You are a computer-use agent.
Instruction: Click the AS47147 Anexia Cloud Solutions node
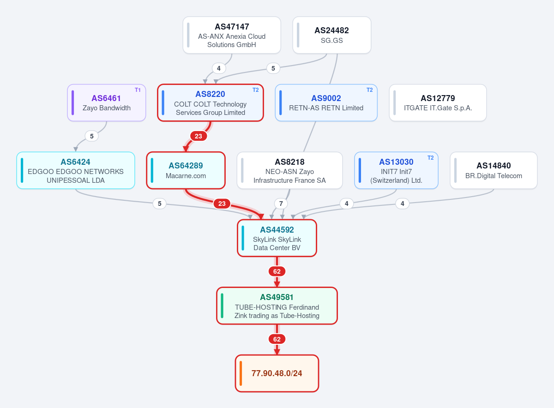point(232,35)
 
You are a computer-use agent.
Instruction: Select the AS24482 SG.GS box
point(331,35)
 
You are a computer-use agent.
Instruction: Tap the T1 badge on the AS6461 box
point(138,90)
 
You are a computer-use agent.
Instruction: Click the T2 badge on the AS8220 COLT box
point(255,90)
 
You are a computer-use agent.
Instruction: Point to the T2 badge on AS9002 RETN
point(369,90)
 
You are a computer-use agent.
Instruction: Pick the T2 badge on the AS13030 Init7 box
point(431,158)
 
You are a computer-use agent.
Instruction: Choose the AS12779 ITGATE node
point(438,103)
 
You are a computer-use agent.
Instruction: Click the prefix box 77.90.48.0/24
point(277,373)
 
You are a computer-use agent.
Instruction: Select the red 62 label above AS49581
point(277,271)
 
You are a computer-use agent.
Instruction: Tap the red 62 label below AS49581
point(277,339)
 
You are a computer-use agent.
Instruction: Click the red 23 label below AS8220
point(199,136)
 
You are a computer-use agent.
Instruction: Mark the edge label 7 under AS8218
point(281,204)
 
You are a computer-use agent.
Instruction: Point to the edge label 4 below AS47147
point(219,68)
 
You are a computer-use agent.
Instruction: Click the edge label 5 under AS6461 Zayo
point(92,136)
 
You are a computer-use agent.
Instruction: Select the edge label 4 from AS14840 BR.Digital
point(403,204)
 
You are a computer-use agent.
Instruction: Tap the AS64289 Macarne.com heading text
point(186,166)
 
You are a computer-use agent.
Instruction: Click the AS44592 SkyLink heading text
point(277,230)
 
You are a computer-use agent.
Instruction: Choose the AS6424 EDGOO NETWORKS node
point(76,170)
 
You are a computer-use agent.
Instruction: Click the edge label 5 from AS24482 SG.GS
point(273,68)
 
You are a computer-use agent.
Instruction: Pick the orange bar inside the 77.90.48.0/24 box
point(241,373)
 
